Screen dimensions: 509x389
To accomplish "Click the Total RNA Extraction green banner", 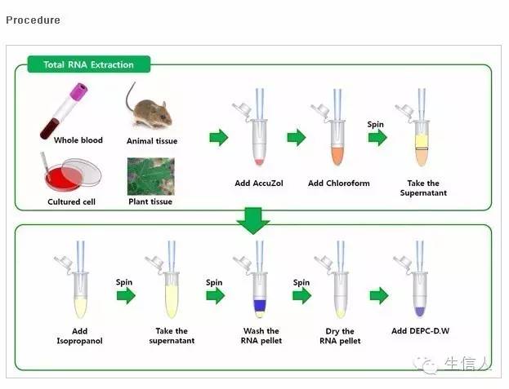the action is pyautogui.click(x=89, y=64).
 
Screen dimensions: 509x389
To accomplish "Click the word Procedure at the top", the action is pyautogui.click(x=33, y=20).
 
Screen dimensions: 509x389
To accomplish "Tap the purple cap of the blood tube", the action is pyautogui.click(x=79, y=91).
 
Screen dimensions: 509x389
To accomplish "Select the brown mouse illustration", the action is pyautogui.click(x=150, y=110).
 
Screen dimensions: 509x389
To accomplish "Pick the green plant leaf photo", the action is pyautogui.click(x=151, y=176).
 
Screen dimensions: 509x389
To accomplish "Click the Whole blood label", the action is pyautogui.click(x=78, y=140).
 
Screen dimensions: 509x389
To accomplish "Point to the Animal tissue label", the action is pyautogui.click(x=152, y=141).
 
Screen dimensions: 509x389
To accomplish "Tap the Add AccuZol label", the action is pyautogui.click(x=259, y=183).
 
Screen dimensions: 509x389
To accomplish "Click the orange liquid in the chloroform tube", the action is pyautogui.click(x=337, y=156).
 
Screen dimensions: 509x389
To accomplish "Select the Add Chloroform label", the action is pyautogui.click(x=339, y=183).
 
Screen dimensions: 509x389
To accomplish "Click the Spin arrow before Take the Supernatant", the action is pyautogui.click(x=377, y=138).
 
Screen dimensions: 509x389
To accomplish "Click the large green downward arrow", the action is pyautogui.click(x=253, y=221).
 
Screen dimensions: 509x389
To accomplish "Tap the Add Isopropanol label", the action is pyautogui.click(x=79, y=336).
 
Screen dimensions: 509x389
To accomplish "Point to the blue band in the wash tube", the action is pyautogui.click(x=259, y=306).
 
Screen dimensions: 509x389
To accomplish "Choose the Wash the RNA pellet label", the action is pyautogui.click(x=261, y=336).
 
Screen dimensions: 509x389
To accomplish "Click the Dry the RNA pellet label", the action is pyautogui.click(x=340, y=336).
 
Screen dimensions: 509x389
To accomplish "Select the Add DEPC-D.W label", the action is pyautogui.click(x=421, y=331).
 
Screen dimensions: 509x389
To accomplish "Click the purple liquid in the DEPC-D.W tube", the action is pyautogui.click(x=420, y=312).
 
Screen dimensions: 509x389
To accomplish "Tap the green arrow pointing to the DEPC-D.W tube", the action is pyautogui.click(x=379, y=295).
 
